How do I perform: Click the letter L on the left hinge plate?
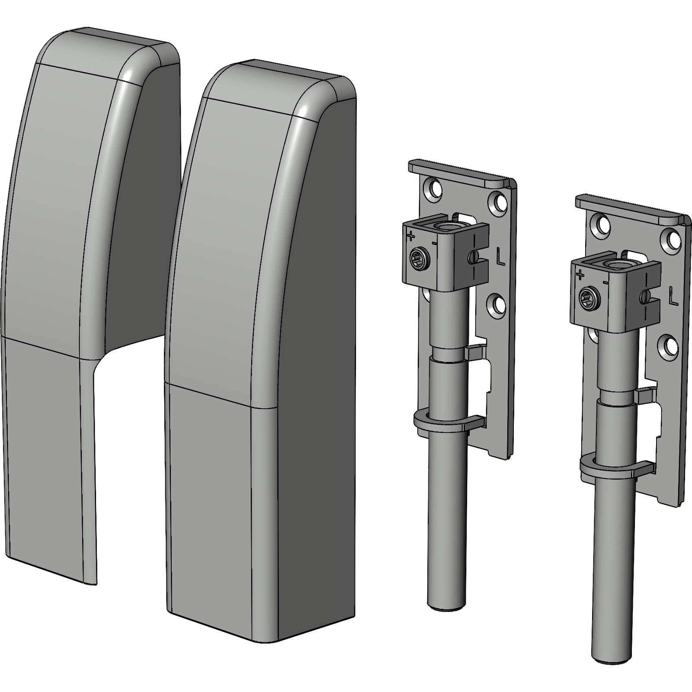point(500,258)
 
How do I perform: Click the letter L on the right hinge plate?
point(673,297)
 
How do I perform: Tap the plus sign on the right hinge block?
point(580,275)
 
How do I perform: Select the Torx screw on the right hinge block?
point(589,298)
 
